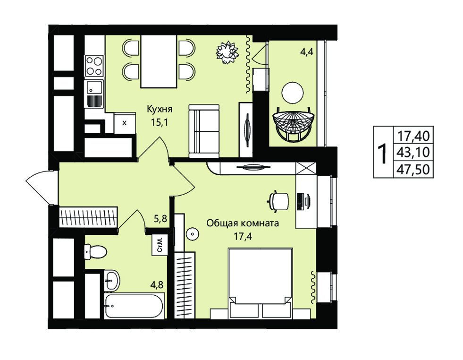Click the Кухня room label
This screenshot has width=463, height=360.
click(160, 109)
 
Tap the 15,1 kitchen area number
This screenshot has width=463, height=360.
click(160, 122)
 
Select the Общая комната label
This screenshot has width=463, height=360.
click(243, 223)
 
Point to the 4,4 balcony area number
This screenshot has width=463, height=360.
click(307, 52)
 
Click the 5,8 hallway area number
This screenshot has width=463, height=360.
click(160, 219)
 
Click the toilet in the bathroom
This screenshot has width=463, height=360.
click(96, 252)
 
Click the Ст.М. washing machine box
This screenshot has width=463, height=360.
click(160, 245)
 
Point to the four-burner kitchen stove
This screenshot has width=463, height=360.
click(94, 66)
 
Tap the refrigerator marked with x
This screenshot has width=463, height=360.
click(124, 122)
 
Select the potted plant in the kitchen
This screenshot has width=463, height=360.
click(227, 52)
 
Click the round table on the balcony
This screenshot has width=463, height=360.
click(293, 93)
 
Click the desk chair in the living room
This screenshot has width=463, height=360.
click(278, 202)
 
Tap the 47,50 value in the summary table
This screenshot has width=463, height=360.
click(413, 170)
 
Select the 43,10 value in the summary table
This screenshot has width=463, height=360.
click(413, 153)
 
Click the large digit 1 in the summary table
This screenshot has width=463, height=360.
click(383, 153)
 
